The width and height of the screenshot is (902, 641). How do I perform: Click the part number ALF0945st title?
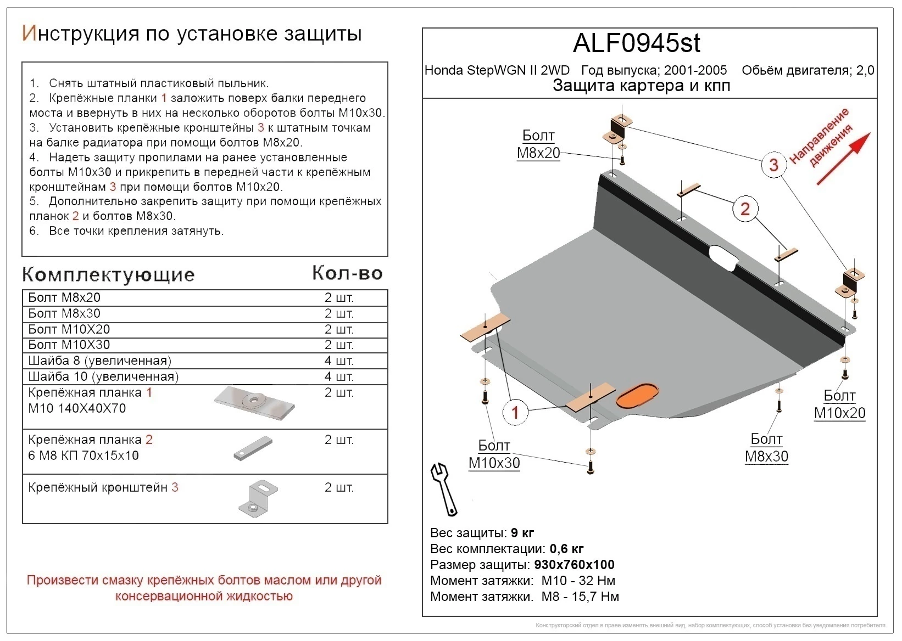pyautogui.click(x=636, y=43)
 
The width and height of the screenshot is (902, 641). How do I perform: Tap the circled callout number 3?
pyautogui.click(x=773, y=164)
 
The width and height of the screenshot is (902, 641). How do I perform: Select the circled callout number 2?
pyautogui.click(x=744, y=209)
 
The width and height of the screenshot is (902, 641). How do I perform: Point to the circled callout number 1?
pyautogui.click(x=515, y=412)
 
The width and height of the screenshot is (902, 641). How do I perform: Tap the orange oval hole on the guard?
pyautogui.click(x=637, y=396)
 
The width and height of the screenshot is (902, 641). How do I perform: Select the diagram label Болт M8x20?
pyautogui.click(x=538, y=144)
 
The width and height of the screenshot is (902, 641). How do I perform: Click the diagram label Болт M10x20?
pyautogui.click(x=839, y=404)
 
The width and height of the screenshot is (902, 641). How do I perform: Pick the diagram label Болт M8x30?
pyautogui.click(x=766, y=448)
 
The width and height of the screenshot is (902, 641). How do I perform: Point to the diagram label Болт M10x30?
pyautogui.click(x=494, y=454)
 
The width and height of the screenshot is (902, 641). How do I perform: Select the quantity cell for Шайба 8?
pyautogui.click(x=338, y=361)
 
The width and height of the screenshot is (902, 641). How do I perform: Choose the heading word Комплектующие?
pyautogui.click(x=108, y=274)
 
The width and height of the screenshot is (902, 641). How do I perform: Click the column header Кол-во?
pyautogui.click(x=347, y=273)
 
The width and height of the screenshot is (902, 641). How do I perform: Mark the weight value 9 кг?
pyautogui.click(x=522, y=533)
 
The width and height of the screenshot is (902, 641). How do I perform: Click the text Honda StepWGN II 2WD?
pyautogui.click(x=497, y=71)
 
